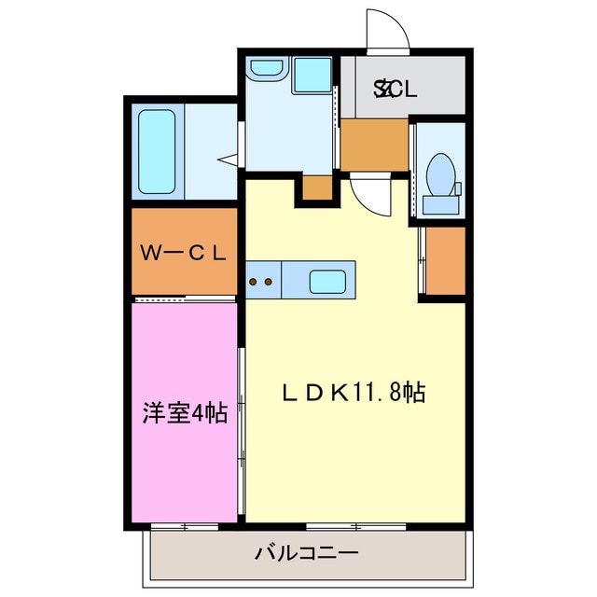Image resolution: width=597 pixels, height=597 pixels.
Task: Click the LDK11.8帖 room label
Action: [354, 393]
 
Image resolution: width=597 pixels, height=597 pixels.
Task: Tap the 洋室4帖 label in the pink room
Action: [185, 412]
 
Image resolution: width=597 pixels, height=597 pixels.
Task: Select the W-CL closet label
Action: [184, 252]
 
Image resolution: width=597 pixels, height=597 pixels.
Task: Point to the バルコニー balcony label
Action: [307, 554]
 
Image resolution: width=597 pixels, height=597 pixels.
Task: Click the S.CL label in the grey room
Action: [396, 90]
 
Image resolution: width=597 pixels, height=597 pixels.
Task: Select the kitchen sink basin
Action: [329, 279]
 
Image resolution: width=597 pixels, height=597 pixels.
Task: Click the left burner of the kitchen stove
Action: [254, 280]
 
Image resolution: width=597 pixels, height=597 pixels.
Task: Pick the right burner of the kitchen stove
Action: [269, 280]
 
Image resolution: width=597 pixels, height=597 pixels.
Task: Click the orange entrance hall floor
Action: [373, 145]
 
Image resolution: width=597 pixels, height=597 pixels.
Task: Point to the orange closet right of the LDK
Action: [445, 260]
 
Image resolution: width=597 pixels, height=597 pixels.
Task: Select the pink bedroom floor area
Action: [184, 466]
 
